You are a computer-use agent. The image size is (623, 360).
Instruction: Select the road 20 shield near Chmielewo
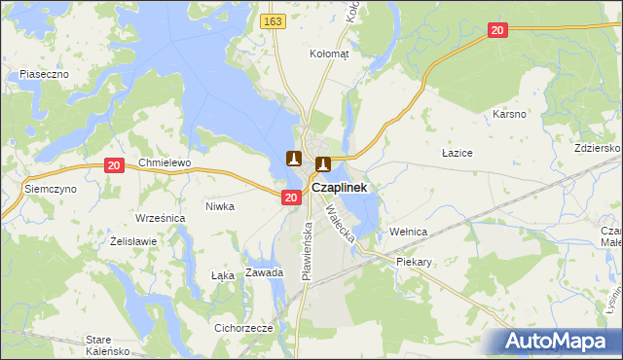coord(114,166)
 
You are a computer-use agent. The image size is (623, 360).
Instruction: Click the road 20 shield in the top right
coord(497,31)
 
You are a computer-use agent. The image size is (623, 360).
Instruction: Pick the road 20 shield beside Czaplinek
coord(291,198)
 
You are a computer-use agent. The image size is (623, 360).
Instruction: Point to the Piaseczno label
coord(43,74)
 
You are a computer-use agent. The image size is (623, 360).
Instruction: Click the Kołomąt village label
coord(328,54)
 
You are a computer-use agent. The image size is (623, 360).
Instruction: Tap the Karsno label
coord(509,114)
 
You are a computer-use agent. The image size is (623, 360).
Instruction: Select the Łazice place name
coord(457,154)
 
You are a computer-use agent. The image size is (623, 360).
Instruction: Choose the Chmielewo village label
coord(165,162)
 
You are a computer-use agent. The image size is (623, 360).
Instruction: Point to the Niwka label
coord(220,206)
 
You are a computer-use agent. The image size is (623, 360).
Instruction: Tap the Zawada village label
coord(264,272)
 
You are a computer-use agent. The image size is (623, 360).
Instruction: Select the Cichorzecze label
coord(243,328)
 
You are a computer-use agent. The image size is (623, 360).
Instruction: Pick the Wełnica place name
coord(409,232)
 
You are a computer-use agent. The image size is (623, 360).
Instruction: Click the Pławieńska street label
coord(307,250)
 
